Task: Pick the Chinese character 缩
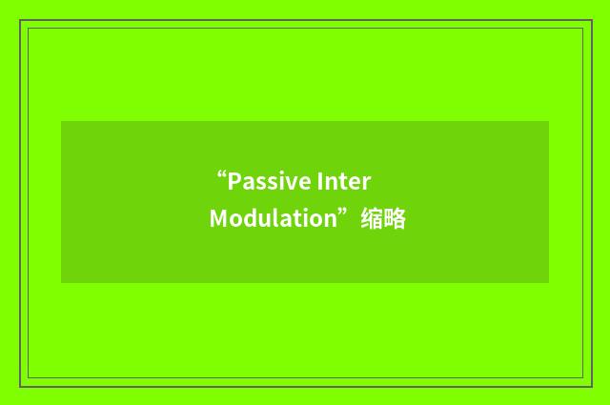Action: pyautogui.click(x=371, y=219)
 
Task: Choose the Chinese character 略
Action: pyautogui.click(x=395, y=219)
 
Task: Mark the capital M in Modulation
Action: pyautogui.click(x=218, y=219)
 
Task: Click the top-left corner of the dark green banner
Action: pyautogui.click(x=61, y=121)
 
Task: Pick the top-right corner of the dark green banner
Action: pyautogui.click(x=549, y=121)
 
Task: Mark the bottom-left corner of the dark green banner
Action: pyautogui.click(x=61, y=283)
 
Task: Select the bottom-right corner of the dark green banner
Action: pyautogui.click(x=549, y=283)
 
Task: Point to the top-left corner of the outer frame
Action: pyautogui.click(x=20, y=20)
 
